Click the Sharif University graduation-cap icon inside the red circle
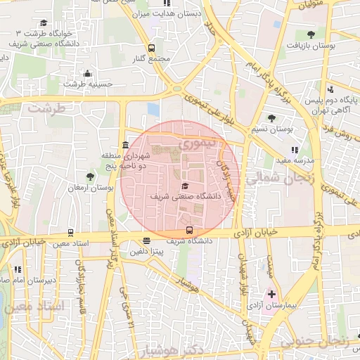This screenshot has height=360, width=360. click(x=185, y=186)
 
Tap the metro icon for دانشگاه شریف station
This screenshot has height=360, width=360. click(x=188, y=229)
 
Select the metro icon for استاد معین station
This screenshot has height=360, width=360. click(x=70, y=233)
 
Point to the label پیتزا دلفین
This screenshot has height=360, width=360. click(x=148, y=250)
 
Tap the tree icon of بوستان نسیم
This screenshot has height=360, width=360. click(x=272, y=118)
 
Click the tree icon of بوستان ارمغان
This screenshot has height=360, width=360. click(x=90, y=176)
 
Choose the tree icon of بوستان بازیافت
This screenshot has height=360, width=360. click(x=311, y=33)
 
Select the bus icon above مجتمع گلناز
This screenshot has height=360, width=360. click(x=152, y=48)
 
